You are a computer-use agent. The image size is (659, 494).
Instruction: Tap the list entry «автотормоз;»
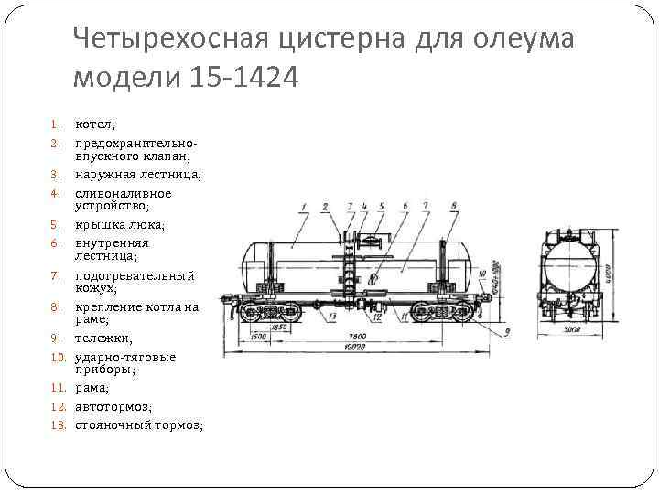pos(113,406)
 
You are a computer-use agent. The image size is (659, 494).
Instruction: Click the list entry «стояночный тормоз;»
pos(138,424)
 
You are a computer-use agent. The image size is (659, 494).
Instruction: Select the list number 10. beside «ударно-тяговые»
pos(55,357)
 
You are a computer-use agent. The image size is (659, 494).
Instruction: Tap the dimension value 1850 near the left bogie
pos(280,327)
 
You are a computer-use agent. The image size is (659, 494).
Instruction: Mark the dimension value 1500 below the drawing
pos(258,337)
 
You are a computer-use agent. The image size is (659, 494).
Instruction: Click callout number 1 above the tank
pos(303,207)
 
